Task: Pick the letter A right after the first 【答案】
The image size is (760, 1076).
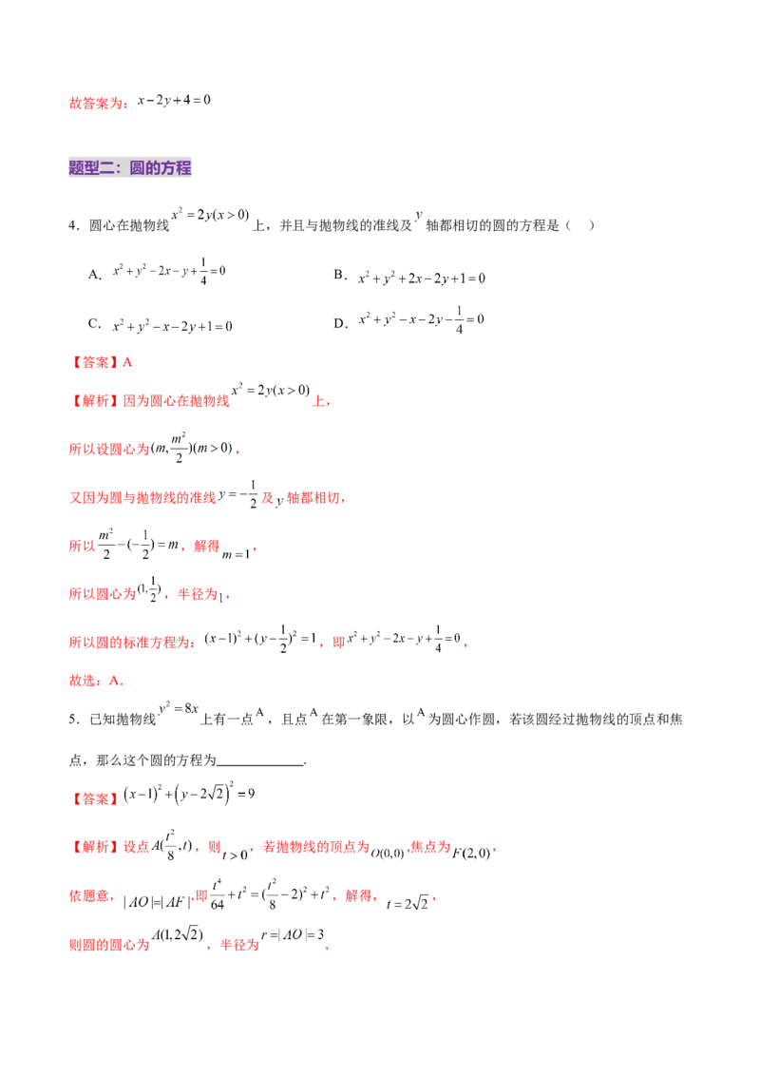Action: [129, 362]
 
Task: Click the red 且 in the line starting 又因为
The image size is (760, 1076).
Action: [267, 498]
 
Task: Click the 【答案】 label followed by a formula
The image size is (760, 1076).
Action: [95, 799]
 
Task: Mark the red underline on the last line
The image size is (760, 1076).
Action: [292, 946]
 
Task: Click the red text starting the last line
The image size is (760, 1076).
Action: [109, 946]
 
